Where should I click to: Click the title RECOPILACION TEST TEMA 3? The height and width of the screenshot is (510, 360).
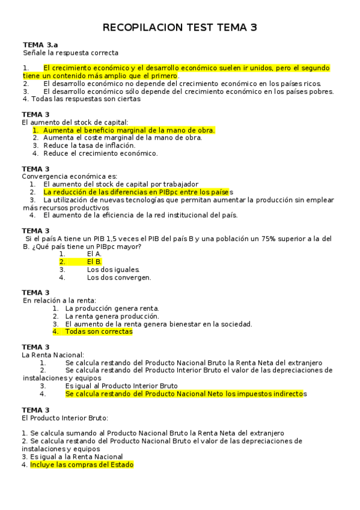click(x=180, y=28)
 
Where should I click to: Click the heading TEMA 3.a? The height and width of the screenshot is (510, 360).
click(x=40, y=45)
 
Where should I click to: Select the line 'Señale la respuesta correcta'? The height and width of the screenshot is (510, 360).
click(x=70, y=53)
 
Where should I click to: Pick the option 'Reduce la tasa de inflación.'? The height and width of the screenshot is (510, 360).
click(x=89, y=145)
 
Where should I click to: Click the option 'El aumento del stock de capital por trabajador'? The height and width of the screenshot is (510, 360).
click(x=121, y=184)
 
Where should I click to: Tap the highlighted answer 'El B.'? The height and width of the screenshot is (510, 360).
click(x=94, y=262)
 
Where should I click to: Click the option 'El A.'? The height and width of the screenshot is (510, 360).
click(x=94, y=254)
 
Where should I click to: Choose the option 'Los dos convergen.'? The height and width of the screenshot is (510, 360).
click(x=119, y=277)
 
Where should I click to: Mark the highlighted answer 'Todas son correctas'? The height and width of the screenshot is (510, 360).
click(x=99, y=331)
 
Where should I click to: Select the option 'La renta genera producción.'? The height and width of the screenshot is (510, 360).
click(x=112, y=316)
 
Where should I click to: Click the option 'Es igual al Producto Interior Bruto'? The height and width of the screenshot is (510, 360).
click(x=121, y=386)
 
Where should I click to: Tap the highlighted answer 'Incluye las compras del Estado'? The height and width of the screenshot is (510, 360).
click(x=82, y=465)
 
